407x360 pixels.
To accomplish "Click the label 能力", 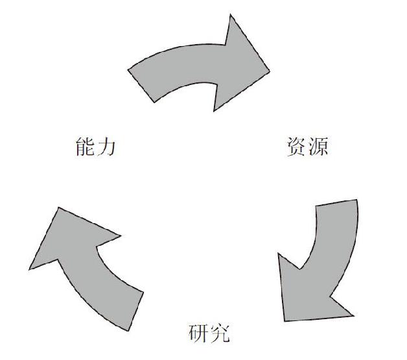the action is click(x=95, y=147).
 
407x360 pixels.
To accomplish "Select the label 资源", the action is click(x=307, y=147).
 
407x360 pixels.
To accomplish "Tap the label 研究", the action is click(x=209, y=333).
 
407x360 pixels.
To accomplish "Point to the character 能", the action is click(x=85, y=147).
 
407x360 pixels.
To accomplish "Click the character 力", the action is click(x=106, y=147).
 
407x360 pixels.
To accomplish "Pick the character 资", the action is click(x=296, y=147).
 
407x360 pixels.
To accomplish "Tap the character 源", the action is click(x=318, y=147).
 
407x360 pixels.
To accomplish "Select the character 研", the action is click(x=198, y=333).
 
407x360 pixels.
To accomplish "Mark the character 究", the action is click(x=220, y=333).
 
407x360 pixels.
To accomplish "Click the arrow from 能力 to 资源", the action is click(x=197, y=65).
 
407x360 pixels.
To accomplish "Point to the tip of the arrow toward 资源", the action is click(x=270, y=71).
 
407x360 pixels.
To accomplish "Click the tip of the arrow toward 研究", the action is click(x=285, y=321).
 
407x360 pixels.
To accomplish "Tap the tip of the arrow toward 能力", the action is click(x=59, y=208).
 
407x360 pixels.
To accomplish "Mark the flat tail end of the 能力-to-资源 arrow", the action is click(x=141, y=86).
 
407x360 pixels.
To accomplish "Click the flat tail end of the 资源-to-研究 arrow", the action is click(x=336, y=202).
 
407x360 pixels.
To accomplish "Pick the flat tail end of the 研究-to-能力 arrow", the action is click(x=135, y=311).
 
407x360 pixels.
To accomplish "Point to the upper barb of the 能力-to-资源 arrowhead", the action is click(x=231, y=15).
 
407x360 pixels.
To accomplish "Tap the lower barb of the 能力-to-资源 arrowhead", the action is click(x=214, y=111).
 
